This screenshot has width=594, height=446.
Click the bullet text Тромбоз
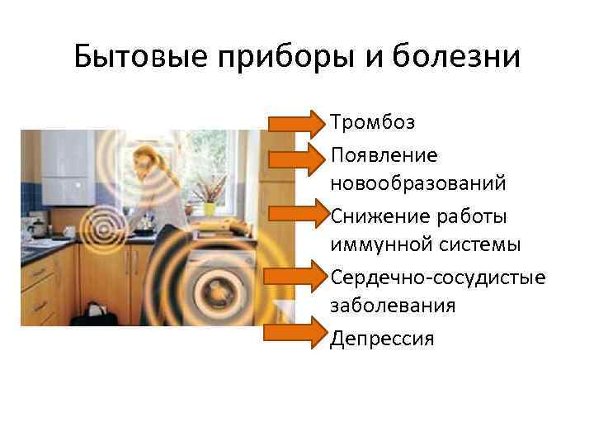(372, 123)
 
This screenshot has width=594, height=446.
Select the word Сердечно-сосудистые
(437, 276)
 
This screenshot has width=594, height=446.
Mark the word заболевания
(393, 306)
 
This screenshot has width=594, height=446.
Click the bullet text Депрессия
(381, 338)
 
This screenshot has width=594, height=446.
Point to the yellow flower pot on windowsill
(210, 208)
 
